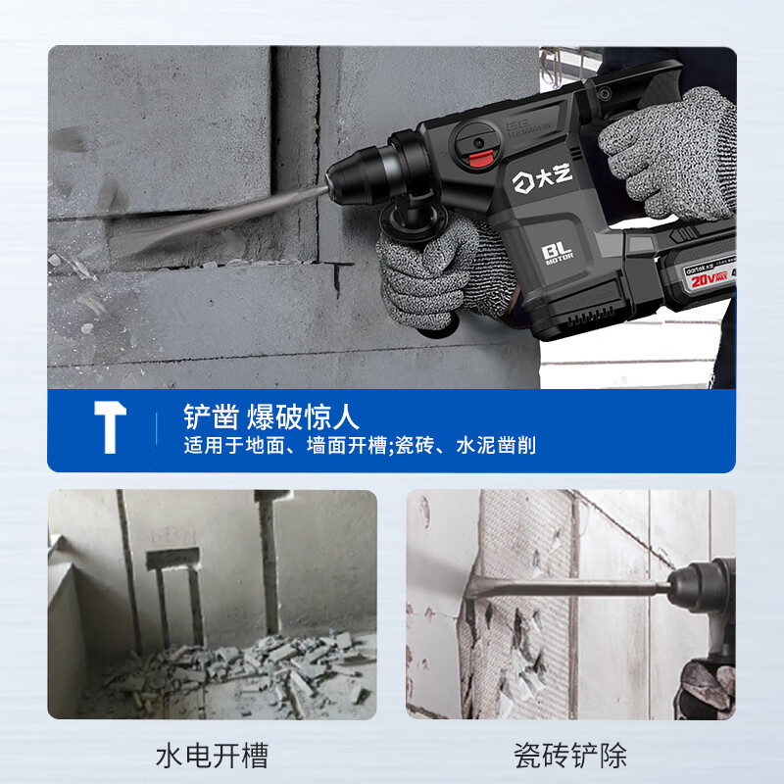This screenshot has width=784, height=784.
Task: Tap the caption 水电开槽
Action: [212, 755]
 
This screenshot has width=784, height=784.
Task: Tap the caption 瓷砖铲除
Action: [570, 755]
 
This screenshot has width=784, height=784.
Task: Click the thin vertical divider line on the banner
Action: [157, 431]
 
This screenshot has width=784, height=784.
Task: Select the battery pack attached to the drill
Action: [676, 279]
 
